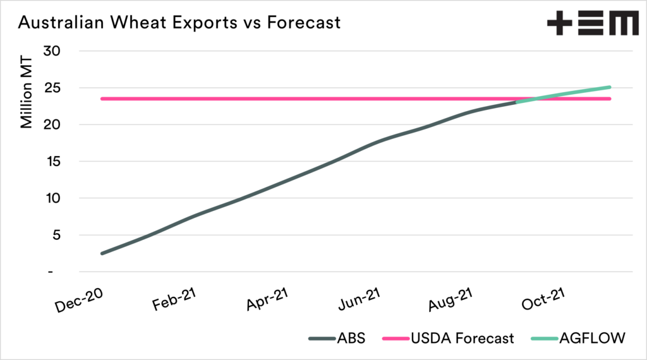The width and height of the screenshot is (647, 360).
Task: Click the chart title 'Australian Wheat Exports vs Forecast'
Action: [x=179, y=23]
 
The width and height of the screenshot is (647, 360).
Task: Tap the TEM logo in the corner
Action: [x=593, y=24]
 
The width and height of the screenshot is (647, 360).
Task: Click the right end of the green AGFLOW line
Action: [x=610, y=87]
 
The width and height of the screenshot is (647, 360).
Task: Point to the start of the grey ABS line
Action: [x=102, y=253]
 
